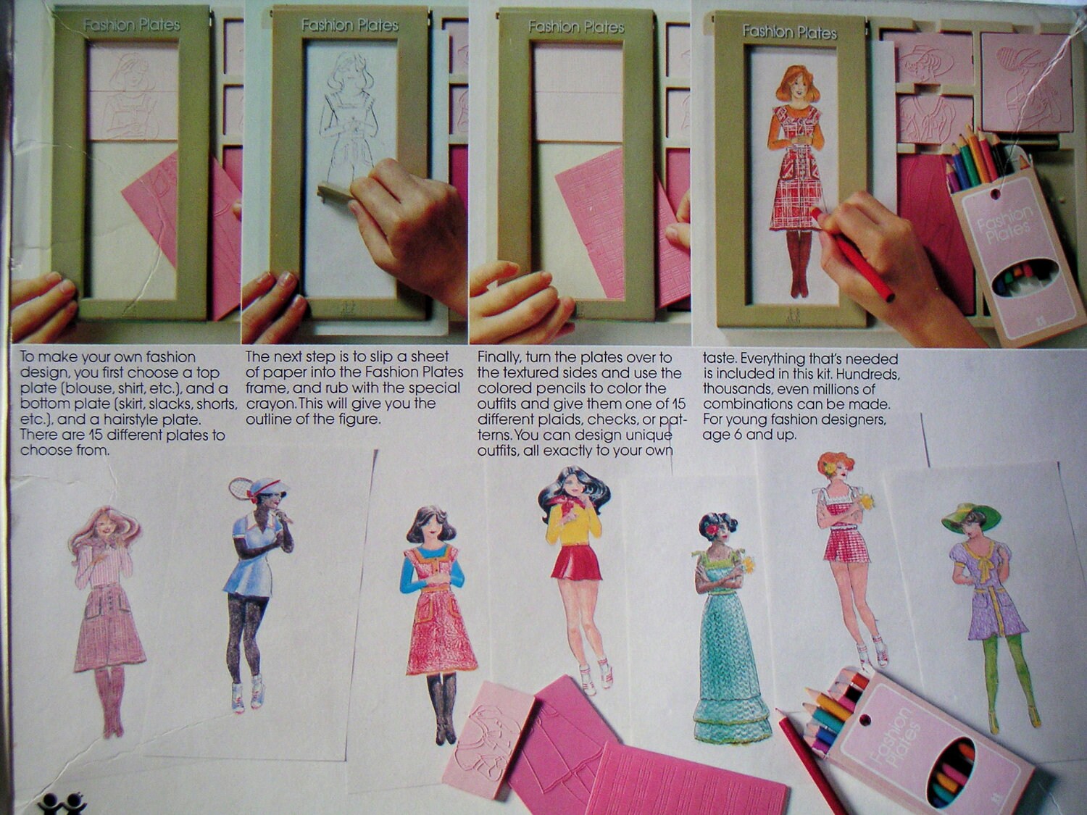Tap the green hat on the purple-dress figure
[x=971, y=516]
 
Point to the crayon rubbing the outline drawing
[x=338, y=192]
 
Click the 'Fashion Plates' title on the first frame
[x=131, y=25]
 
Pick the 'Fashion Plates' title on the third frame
[x=576, y=27]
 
